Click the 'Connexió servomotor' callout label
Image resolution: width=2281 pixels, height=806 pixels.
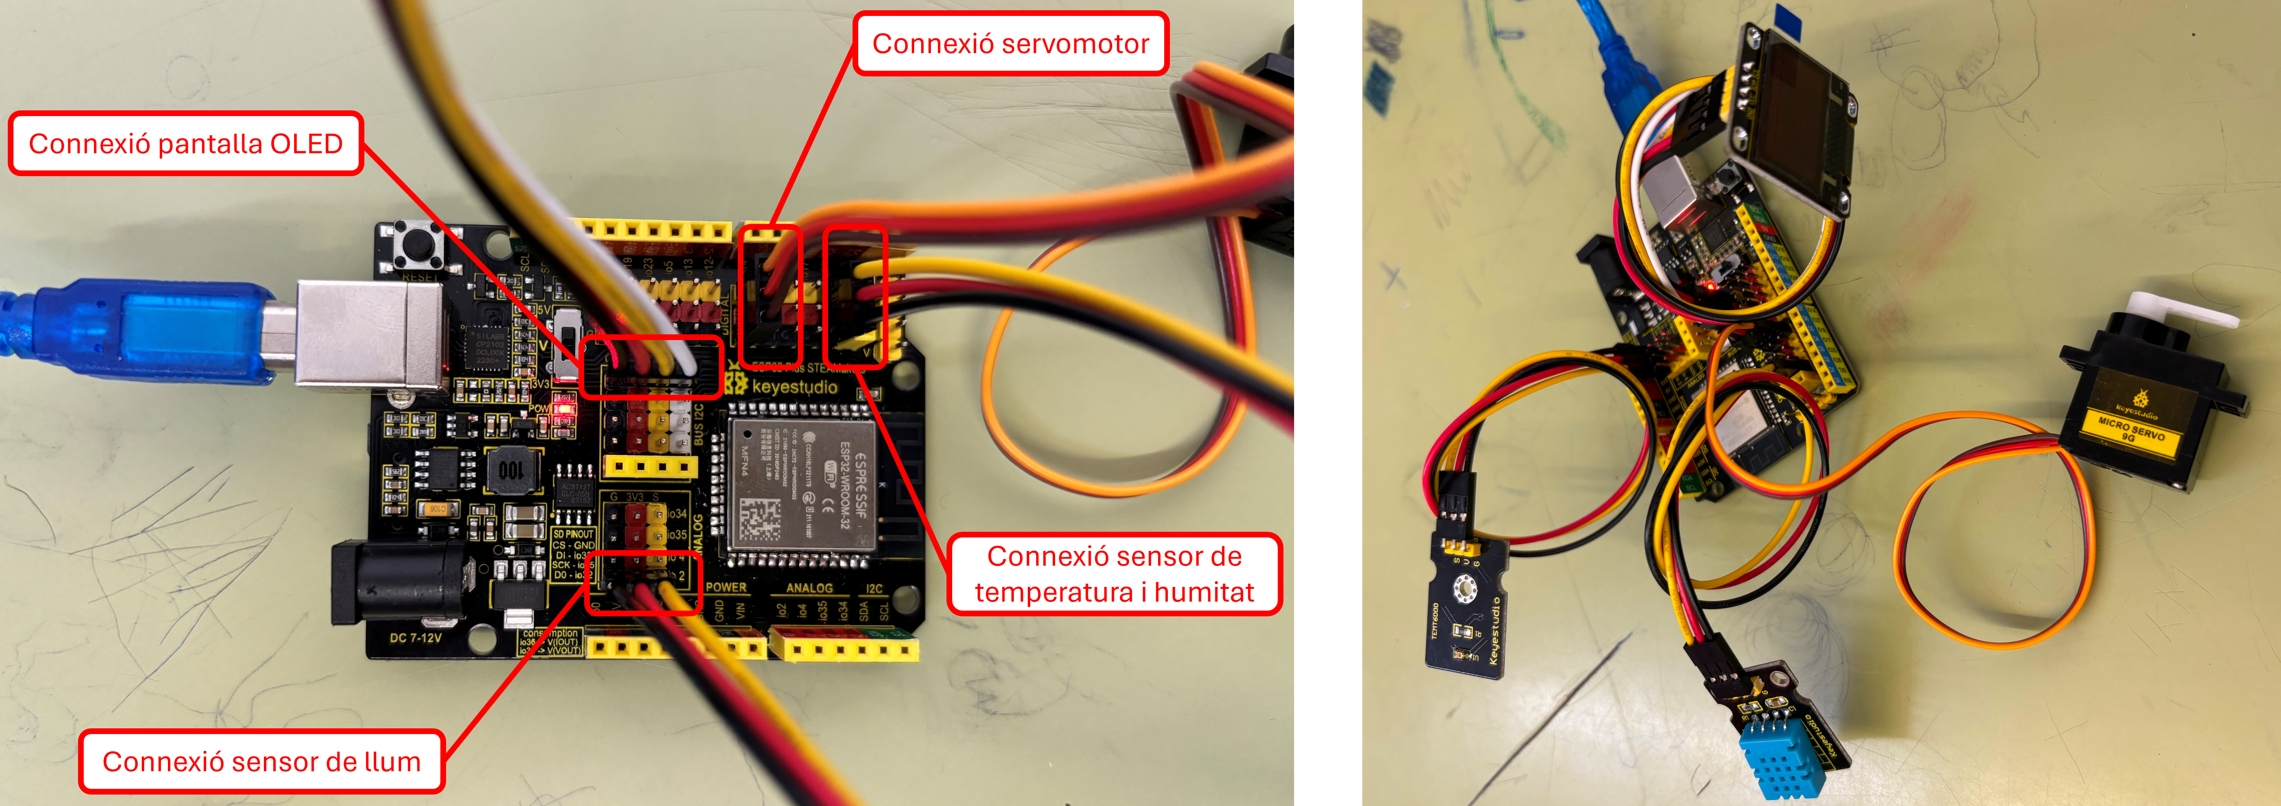[x=1010, y=43]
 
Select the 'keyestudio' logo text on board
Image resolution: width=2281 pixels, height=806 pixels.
[x=794, y=387]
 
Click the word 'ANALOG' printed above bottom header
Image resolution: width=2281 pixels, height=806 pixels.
[x=808, y=588]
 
